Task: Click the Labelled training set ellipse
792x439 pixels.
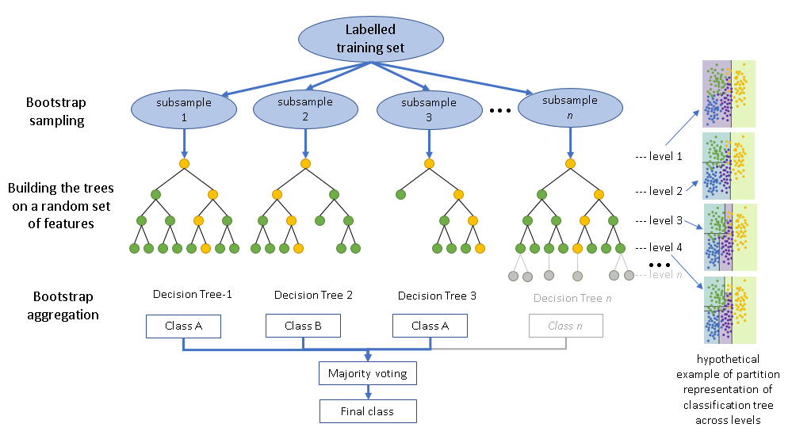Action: tap(374, 39)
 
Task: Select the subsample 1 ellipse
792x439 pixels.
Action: tap(183, 109)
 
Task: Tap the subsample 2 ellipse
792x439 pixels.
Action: tap(304, 109)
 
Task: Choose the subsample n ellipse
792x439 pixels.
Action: tap(570, 109)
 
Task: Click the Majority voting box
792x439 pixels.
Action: tap(368, 372)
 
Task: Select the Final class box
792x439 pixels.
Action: tap(368, 411)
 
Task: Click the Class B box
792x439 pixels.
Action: tap(303, 326)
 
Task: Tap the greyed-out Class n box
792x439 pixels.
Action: tap(565, 326)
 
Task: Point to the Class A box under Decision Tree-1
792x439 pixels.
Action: tap(183, 326)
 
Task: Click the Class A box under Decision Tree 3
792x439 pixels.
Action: tap(430, 326)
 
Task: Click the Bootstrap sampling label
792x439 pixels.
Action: tap(55, 112)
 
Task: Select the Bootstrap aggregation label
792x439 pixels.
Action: tap(66, 305)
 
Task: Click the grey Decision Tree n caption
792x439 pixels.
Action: tap(573, 298)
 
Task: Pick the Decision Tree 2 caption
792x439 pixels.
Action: tap(313, 296)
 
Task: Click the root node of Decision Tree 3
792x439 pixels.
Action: tap(429, 164)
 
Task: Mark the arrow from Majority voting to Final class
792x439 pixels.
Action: tap(368, 391)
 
